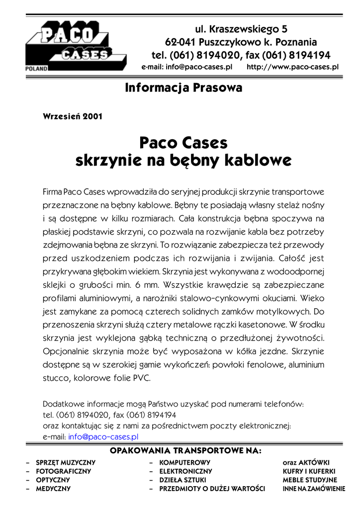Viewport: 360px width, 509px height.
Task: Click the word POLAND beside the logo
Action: (36, 68)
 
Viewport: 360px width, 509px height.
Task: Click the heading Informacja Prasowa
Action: (183, 88)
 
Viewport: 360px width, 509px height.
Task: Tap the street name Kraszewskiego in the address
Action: (242, 29)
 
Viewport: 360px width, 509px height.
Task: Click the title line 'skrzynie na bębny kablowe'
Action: (183, 161)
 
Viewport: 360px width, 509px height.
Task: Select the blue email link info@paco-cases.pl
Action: (103, 436)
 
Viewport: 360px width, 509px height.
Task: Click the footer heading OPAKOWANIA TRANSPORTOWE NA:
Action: (185, 451)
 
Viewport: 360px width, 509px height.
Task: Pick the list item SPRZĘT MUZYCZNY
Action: (66, 462)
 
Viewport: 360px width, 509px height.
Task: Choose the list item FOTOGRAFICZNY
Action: (63, 471)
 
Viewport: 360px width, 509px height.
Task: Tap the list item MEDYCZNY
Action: (53, 489)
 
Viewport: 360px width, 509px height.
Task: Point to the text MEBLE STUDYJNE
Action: (310, 480)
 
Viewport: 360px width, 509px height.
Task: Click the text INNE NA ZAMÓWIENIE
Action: (314, 489)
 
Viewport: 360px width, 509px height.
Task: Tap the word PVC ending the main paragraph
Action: (141, 378)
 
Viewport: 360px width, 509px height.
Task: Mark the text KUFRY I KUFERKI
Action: (309, 471)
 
